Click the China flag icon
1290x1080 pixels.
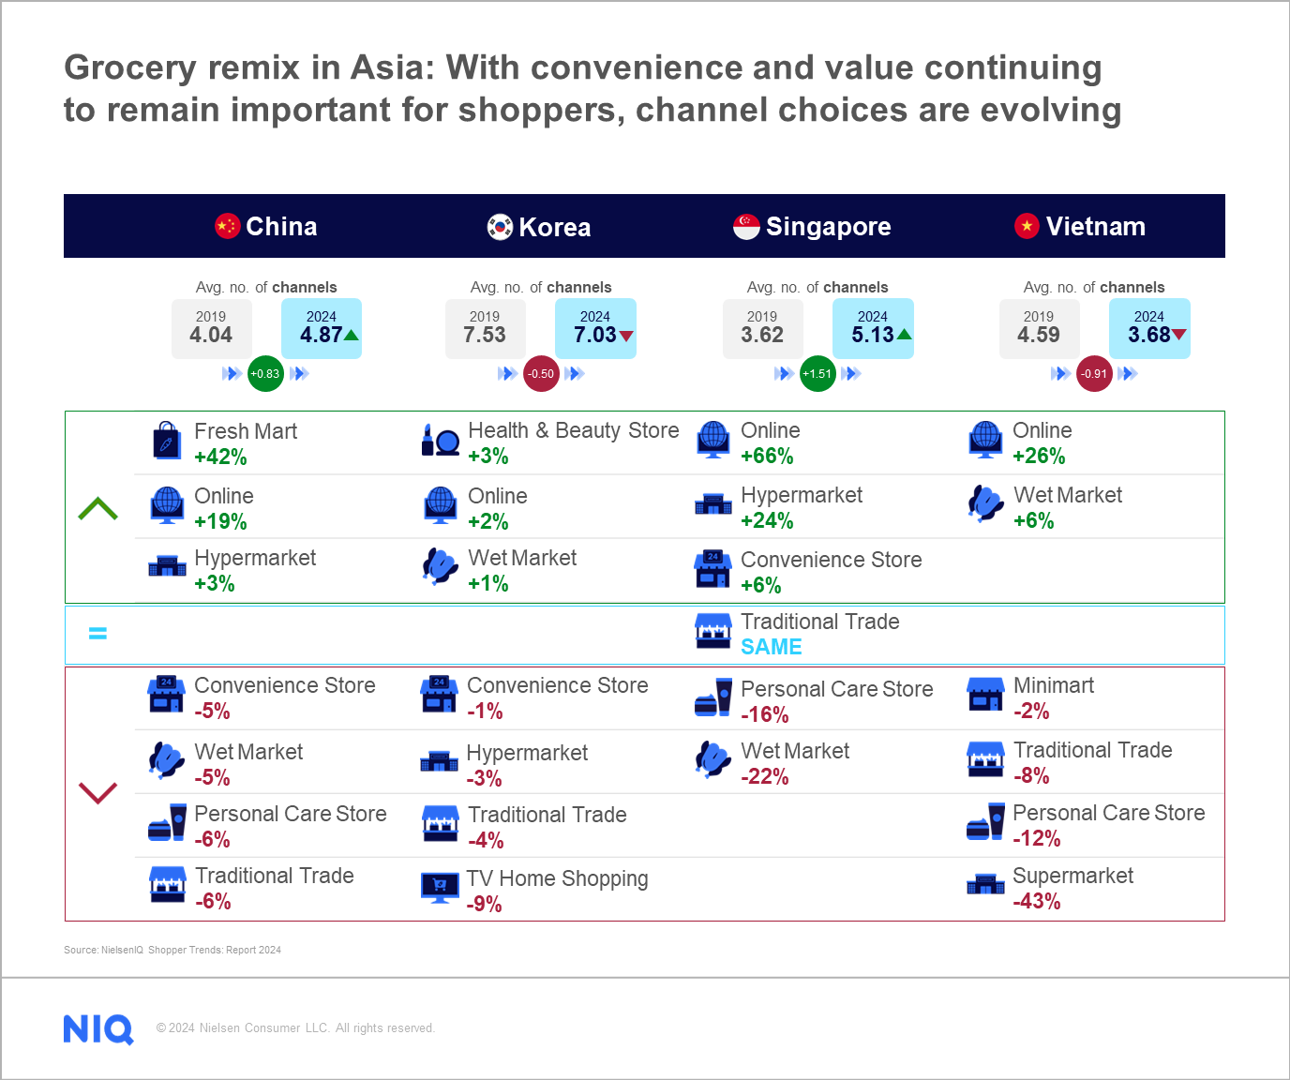coord(228,226)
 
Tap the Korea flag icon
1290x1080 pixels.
coord(500,227)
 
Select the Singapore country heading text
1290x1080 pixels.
coord(828,227)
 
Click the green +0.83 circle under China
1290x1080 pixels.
coord(265,374)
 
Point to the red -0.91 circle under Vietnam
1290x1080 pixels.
coord(1094,374)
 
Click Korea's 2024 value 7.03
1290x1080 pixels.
coord(595,335)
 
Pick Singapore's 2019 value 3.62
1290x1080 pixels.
coord(762,335)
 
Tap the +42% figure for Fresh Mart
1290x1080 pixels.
coord(220,457)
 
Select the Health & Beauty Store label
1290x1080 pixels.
coord(573,430)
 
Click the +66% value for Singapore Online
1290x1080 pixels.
coord(767,457)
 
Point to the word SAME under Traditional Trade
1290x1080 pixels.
coord(771,647)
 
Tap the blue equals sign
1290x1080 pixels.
coord(97,634)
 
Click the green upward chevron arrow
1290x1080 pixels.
coord(98,509)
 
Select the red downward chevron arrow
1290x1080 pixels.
coord(98,792)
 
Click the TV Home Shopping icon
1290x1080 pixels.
coord(440,886)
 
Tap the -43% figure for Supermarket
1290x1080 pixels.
coord(1037,902)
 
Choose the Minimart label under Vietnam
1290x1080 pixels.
coord(1053,685)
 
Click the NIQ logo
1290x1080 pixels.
coord(98,1028)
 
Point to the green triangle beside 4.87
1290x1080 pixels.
coord(352,335)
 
